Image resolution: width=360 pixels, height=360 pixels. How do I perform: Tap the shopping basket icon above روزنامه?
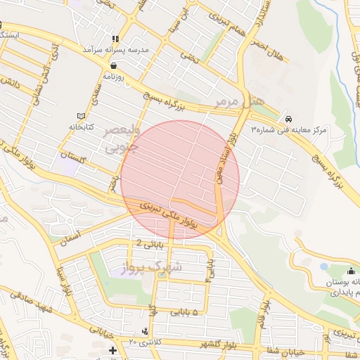point(113,65)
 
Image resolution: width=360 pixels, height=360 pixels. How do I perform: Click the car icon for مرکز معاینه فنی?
point(289,117)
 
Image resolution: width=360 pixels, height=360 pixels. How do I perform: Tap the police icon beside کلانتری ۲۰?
point(145,331)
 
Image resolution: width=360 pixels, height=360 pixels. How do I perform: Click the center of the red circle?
point(180,179)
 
